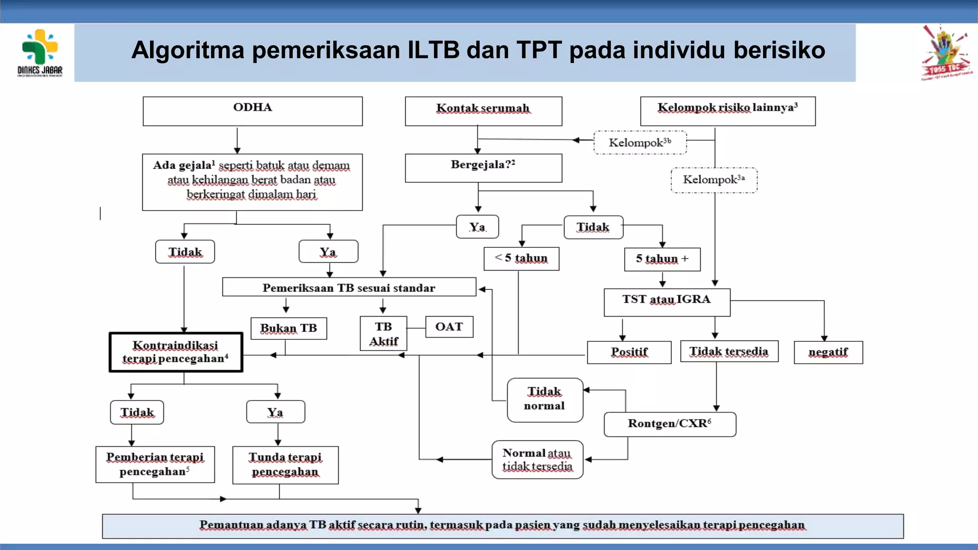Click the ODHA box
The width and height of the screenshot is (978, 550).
[253, 111]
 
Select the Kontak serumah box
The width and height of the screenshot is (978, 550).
[483, 111]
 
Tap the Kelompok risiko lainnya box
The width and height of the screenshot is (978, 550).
[727, 111]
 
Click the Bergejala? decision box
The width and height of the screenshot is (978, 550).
[483, 168]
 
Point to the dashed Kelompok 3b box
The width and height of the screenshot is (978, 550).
[640, 142]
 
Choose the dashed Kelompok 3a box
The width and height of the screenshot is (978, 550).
[714, 180]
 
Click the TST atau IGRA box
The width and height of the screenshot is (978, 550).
[667, 302]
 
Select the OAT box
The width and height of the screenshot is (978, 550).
[449, 327]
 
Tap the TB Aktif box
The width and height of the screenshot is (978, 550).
[383, 334]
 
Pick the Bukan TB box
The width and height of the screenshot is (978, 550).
[288, 328]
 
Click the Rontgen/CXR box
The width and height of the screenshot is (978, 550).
[670, 424]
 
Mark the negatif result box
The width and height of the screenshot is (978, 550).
[828, 352]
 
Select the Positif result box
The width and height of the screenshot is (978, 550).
[629, 352]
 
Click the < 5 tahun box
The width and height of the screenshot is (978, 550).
[521, 259]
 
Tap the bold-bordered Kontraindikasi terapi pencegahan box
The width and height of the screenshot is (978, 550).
[176, 352]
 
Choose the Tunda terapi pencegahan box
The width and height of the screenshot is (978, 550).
[285, 465]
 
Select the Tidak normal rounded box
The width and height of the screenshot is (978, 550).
[544, 400]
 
